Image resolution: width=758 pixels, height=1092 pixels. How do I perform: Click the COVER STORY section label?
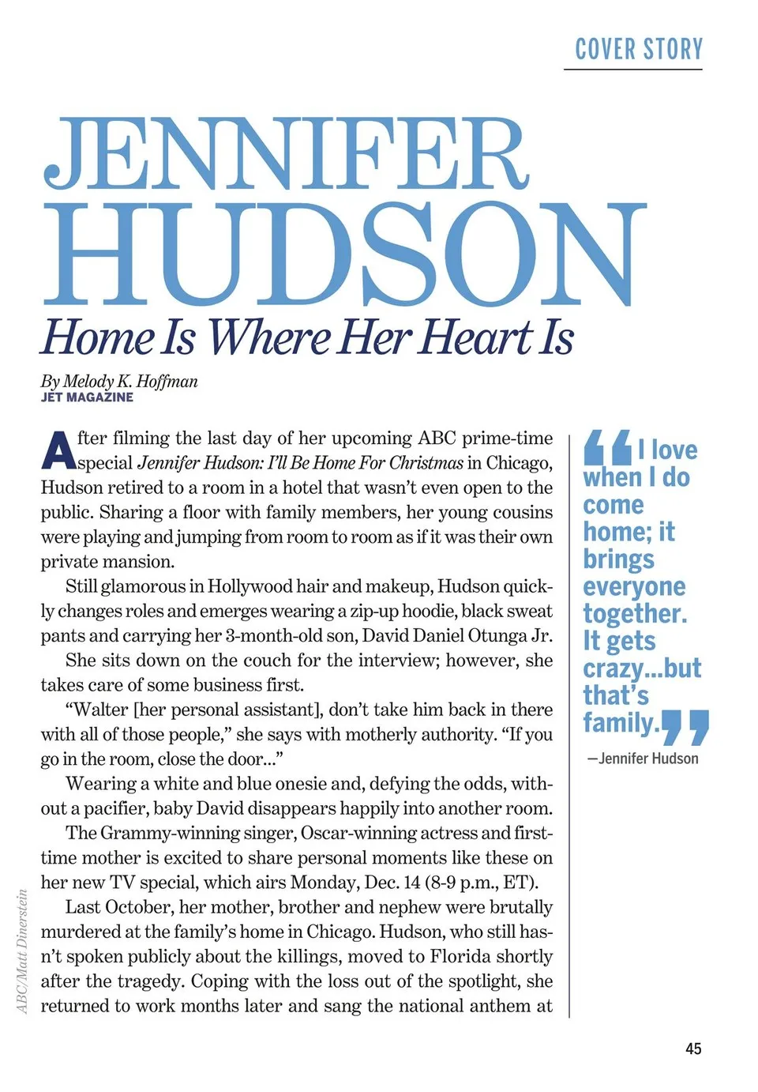click(x=638, y=50)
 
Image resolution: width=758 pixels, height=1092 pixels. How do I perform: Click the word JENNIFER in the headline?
click(x=285, y=155)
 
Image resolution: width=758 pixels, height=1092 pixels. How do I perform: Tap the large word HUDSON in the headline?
click(x=344, y=254)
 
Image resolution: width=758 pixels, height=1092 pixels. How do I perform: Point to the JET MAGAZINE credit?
click(x=87, y=397)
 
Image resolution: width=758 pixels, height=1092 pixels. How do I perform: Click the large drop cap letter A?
click(x=58, y=450)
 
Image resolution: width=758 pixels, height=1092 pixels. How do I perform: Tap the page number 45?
click(x=692, y=1049)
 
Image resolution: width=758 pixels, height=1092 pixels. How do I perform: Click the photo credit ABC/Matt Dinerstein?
click(x=22, y=951)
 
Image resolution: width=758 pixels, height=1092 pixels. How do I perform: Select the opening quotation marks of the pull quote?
click(x=607, y=447)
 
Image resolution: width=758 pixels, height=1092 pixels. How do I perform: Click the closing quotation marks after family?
click(x=685, y=727)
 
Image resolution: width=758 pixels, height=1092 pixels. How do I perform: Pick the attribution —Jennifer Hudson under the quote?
click(x=643, y=759)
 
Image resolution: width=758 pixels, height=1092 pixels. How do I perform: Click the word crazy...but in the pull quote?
click(x=641, y=668)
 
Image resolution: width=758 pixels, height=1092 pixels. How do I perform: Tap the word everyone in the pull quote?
click(x=634, y=586)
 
